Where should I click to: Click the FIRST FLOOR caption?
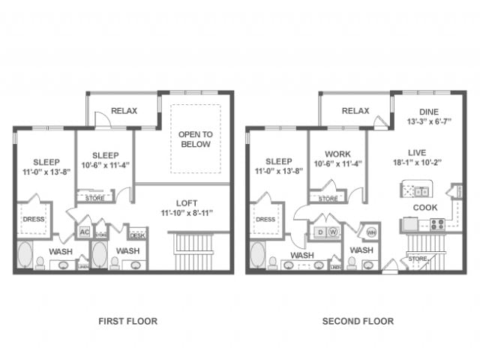click(x=127, y=321)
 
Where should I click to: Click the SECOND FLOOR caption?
click(x=358, y=321)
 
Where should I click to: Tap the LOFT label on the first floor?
click(x=186, y=202)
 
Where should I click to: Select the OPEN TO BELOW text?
click(x=195, y=139)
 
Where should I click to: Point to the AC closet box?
click(x=84, y=232)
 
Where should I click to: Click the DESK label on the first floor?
click(x=137, y=234)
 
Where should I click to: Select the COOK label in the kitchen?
click(x=424, y=207)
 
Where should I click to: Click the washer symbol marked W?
click(x=332, y=232)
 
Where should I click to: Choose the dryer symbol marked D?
click(x=319, y=232)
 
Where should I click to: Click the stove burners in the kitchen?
click(x=436, y=223)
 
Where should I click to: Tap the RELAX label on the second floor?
click(x=355, y=111)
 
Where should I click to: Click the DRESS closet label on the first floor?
click(x=34, y=220)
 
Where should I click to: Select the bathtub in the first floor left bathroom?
click(x=25, y=255)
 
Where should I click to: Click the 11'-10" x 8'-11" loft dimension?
click(x=186, y=213)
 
